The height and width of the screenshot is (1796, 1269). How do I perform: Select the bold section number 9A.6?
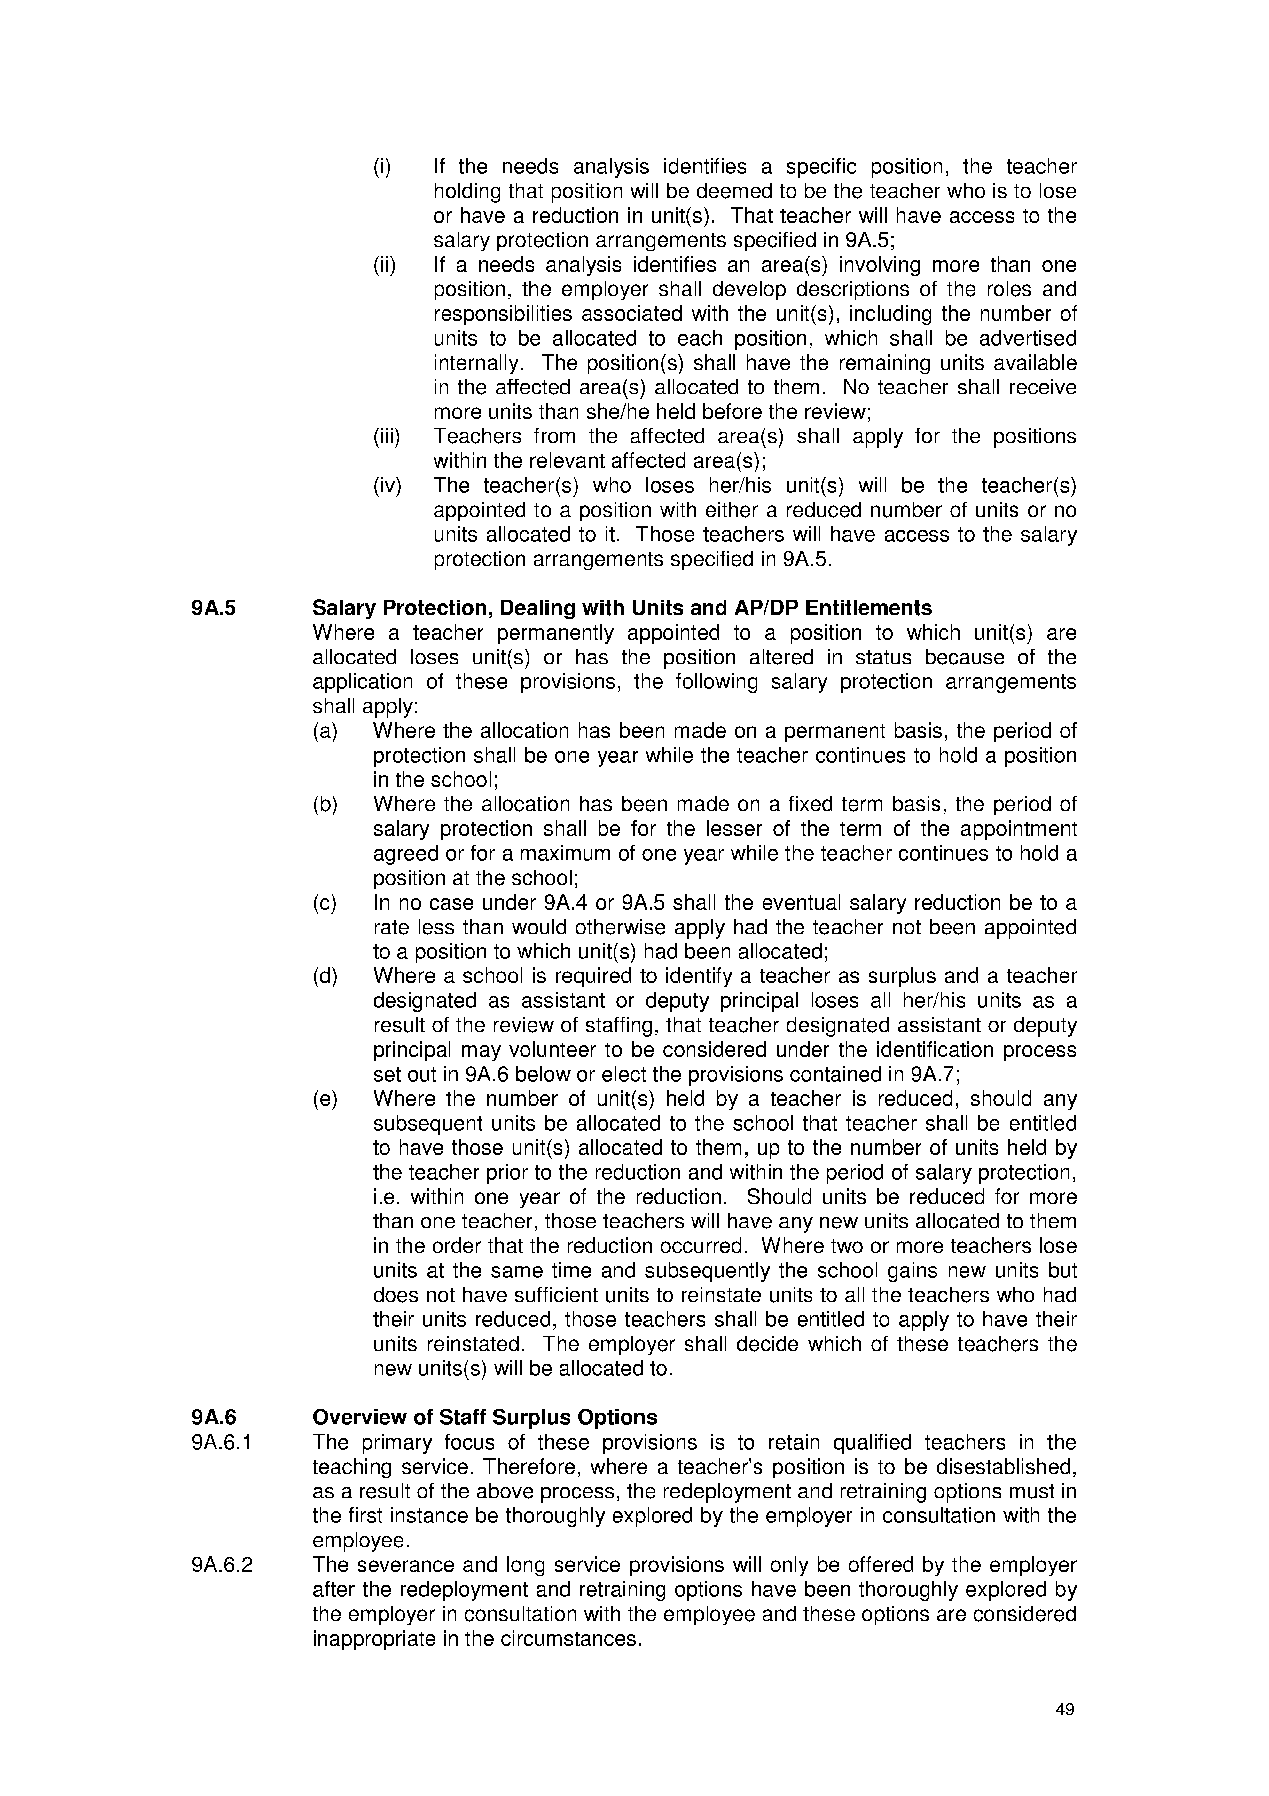pos(214,1418)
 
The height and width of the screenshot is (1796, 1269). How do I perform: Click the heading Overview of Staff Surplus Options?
pos(485,1418)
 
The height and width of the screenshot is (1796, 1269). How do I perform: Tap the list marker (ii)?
pos(384,265)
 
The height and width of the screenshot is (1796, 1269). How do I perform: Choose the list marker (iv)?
pos(386,486)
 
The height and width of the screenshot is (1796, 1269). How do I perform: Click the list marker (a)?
pos(325,731)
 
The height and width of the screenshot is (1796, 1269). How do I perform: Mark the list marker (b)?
pos(325,805)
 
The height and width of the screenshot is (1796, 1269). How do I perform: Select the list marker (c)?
pos(325,903)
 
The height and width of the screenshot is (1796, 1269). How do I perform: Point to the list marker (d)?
pos(325,977)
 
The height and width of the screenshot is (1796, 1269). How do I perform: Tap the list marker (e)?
pos(325,1099)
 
